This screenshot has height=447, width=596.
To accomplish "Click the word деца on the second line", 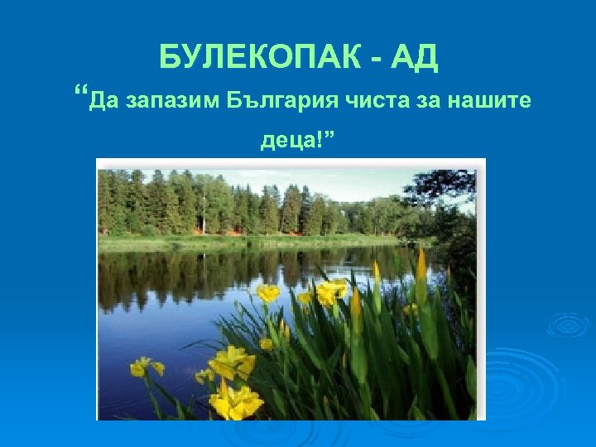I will click(286, 141).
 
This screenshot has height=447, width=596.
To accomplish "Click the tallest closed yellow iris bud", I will click(421, 265).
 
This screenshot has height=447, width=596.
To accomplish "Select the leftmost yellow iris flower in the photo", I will click(146, 367).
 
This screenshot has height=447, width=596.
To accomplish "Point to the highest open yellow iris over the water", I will click(267, 292).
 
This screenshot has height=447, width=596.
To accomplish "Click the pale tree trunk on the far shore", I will click(204, 223).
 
